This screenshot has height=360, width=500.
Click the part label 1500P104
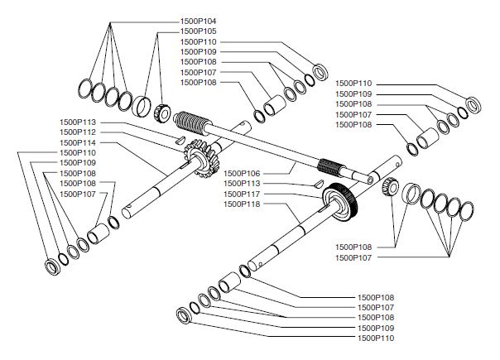coord(199,20)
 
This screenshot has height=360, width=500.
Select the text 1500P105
coord(199,30)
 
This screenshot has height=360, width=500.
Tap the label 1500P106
coord(242,173)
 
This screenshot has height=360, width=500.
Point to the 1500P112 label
coord(78,132)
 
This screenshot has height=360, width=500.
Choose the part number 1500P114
coord(78,142)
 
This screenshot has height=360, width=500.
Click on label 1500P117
coord(242,193)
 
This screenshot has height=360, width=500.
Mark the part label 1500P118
coord(242,203)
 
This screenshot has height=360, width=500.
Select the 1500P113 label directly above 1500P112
coord(78,122)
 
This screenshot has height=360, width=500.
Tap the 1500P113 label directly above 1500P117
coord(242,183)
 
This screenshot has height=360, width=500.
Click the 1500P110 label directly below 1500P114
coord(78,152)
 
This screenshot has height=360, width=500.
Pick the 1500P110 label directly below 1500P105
coord(199,41)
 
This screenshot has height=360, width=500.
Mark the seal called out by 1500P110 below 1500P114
coord(54,266)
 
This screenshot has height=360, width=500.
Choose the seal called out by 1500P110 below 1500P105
coord(320,70)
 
